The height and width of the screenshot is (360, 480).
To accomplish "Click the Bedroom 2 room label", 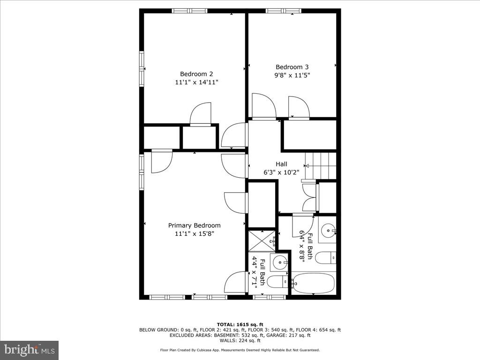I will (196, 74).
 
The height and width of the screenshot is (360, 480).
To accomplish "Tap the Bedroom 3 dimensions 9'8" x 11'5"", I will (292, 75).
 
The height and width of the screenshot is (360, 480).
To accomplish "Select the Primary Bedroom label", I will (194, 225).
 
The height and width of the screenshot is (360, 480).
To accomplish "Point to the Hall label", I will (281, 164).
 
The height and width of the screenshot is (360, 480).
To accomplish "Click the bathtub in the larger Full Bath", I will (313, 283).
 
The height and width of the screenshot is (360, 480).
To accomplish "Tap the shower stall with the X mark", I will (261, 240).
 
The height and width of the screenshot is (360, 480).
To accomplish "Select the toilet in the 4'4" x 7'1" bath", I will (278, 281).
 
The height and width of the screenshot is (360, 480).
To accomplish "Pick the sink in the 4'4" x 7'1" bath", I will (280, 262).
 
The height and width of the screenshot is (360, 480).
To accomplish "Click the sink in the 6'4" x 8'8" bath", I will (328, 230).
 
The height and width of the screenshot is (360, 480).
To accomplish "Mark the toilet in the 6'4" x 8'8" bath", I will (326, 257).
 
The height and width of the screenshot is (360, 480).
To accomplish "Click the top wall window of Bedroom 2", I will (189, 11).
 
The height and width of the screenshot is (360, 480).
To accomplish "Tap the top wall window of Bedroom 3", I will (283, 11).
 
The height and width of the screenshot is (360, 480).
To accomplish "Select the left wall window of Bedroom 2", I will (142, 68).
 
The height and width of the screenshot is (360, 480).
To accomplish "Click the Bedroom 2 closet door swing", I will (201, 114).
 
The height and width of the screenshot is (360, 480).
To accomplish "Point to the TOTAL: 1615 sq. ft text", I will (240, 324).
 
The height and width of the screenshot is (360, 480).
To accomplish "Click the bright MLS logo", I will (29, 350).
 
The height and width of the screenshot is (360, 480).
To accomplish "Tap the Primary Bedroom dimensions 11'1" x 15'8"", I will (194, 233).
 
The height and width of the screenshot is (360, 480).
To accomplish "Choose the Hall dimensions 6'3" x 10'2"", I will (281, 172).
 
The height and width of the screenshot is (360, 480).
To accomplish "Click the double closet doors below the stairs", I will (310, 197).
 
